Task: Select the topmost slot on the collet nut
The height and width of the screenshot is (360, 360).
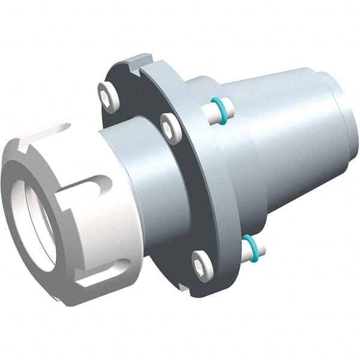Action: pos(60,128)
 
